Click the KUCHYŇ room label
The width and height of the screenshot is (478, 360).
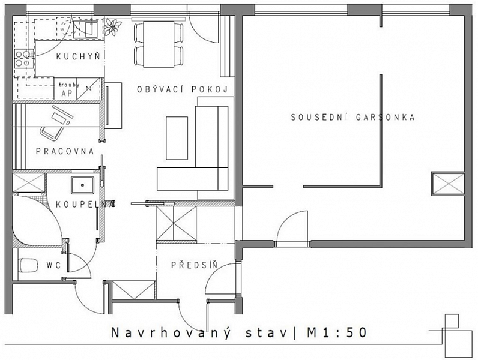[78, 56]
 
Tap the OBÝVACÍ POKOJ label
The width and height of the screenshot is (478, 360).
[183, 89]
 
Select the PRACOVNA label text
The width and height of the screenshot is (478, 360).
[65, 151]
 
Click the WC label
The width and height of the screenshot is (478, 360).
[53, 265]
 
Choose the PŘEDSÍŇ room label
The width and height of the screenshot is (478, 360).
[195, 265]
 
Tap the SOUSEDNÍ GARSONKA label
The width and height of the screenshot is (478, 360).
[352, 117]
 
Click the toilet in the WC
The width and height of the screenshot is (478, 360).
[28, 265]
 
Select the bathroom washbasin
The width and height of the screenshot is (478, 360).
[83, 185]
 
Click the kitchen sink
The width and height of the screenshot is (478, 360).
[91, 29]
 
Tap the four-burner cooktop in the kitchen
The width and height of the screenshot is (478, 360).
[23, 59]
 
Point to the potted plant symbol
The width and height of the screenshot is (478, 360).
[111, 26]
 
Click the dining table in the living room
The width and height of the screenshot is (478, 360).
[159, 44]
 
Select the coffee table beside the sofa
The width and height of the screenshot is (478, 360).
[177, 138]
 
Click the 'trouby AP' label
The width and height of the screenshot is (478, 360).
[69, 89]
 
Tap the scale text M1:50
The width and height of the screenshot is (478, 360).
[336, 332]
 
